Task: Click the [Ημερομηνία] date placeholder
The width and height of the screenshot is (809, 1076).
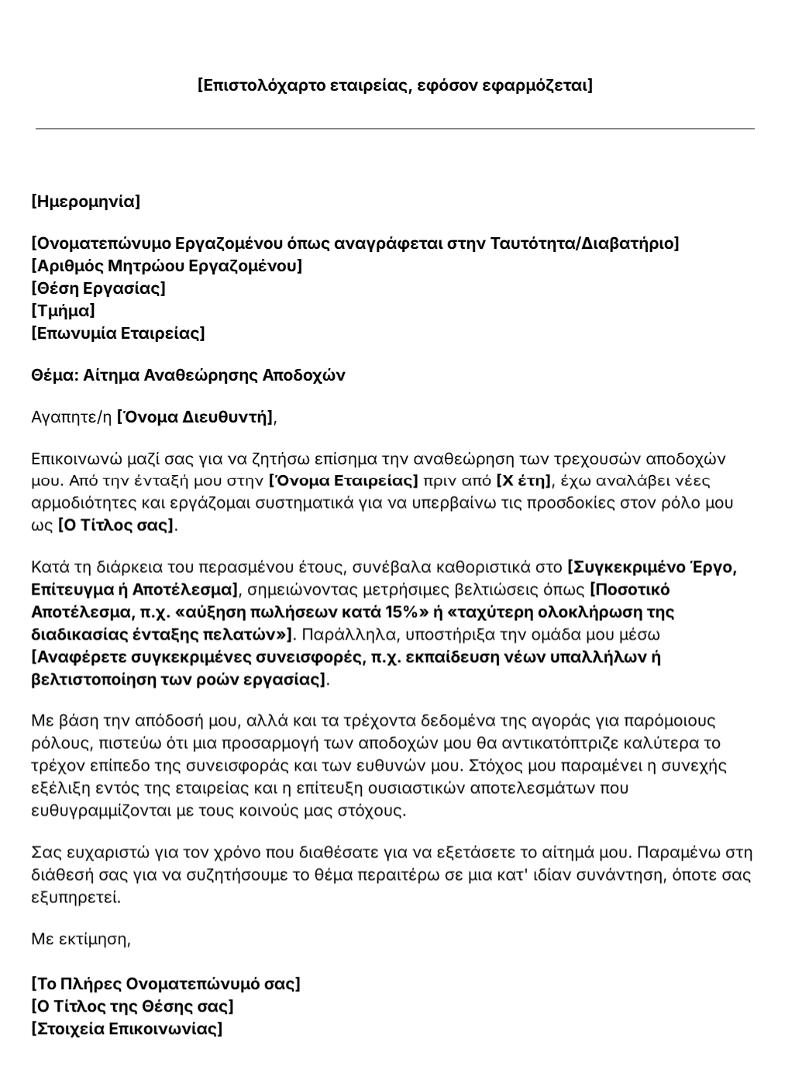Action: point(85,202)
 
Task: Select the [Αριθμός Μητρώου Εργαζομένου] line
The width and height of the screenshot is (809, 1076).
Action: point(167,266)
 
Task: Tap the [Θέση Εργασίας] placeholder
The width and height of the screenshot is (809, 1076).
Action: point(98,288)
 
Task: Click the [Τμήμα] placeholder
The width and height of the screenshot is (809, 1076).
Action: point(63,311)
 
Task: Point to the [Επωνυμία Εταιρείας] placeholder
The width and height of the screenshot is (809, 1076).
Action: point(118,333)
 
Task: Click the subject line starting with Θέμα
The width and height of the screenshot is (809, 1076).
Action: point(188,375)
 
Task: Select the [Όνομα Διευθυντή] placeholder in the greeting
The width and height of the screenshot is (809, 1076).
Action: point(195,417)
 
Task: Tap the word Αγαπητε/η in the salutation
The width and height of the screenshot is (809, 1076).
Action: point(71,417)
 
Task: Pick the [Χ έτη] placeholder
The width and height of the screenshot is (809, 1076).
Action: point(523,481)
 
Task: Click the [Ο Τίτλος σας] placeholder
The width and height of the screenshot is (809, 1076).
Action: point(116,525)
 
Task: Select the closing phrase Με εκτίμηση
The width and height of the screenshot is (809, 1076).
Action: point(81,939)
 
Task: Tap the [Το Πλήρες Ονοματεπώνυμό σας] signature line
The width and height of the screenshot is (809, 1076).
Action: point(165,984)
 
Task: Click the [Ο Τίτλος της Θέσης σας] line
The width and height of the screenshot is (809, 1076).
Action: point(132,1006)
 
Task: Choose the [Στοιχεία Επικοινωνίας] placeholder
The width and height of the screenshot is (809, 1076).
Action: point(126,1029)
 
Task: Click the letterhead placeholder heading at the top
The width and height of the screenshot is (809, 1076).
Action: point(394,84)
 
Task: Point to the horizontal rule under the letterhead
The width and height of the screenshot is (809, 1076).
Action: point(394,129)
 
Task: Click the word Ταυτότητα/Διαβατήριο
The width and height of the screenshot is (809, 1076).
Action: point(583,243)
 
